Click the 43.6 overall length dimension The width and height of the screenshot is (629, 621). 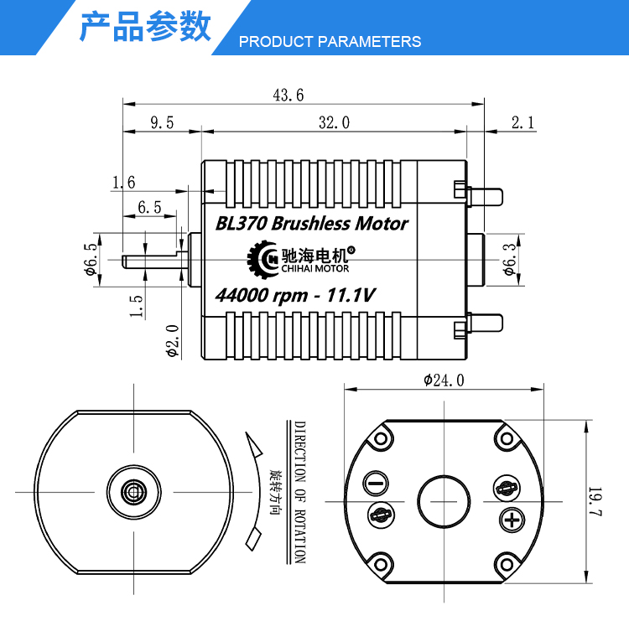point(289,96)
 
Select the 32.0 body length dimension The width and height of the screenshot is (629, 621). point(334,122)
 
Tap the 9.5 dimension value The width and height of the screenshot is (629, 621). point(162,122)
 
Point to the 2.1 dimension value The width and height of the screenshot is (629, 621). point(523,122)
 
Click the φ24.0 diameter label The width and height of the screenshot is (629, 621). point(444,380)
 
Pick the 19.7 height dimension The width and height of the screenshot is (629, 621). point(595,501)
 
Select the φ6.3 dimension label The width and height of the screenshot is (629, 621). point(509,260)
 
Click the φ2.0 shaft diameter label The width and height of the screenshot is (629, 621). point(172,341)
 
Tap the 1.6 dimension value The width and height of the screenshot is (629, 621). point(123,183)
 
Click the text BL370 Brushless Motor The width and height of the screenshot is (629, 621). point(312,223)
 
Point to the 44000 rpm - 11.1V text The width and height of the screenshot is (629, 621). point(295,296)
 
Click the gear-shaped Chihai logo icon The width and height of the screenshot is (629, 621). point(263,259)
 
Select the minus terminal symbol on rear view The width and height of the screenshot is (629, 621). point(376,483)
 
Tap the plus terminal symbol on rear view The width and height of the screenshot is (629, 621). point(512,520)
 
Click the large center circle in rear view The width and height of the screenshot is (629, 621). point(444,501)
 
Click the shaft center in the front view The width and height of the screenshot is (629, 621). point(134,492)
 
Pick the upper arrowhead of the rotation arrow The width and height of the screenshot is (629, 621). point(252,444)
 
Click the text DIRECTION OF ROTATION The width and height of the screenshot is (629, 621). point(300,492)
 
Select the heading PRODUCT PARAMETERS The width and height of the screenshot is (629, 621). point(330,42)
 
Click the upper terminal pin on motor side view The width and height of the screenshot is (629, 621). point(486,197)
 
